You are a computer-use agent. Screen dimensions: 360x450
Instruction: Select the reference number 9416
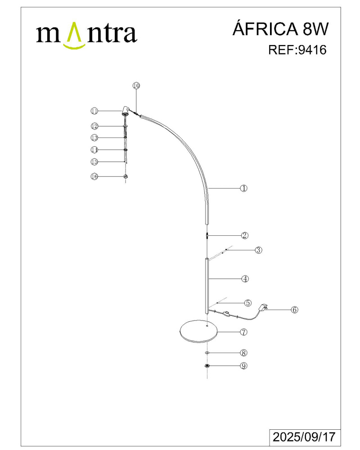pyautogui.click(x=313, y=50)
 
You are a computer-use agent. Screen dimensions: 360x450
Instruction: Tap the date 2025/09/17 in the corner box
pyautogui.click(x=304, y=437)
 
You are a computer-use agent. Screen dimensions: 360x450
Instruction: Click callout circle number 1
pyautogui.click(x=243, y=188)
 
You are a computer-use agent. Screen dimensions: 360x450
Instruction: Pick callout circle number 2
pyautogui.click(x=245, y=235)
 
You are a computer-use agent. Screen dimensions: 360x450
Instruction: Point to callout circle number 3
pyautogui.click(x=259, y=250)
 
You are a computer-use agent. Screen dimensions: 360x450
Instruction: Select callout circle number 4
pyautogui.click(x=245, y=279)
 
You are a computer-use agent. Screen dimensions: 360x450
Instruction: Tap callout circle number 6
pyautogui.click(x=295, y=310)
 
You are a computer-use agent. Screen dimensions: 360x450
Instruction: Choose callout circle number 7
pyautogui.click(x=243, y=332)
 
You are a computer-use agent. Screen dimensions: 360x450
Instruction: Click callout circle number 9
pyautogui.click(x=244, y=366)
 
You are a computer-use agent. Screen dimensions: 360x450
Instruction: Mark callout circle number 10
pyautogui.click(x=136, y=85)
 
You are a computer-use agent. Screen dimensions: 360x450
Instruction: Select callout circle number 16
pyautogui.click(x=94, y=176)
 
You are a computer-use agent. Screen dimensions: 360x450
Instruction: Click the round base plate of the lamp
pyautogui.click(x=198, y=332)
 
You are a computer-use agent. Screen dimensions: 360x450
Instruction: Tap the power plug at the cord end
pyautogui.click(x=263, y=307)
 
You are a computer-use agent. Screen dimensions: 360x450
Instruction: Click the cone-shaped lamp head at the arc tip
pyautogui.click(x=125, y=111)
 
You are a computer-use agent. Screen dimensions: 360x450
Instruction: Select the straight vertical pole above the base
pyautogui.click(x=207, y=286)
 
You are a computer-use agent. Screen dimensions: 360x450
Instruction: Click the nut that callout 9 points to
pyautogui.click(x=207, y=365)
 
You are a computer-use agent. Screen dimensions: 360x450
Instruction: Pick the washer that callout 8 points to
pyautogui.click(x=207, y=352)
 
